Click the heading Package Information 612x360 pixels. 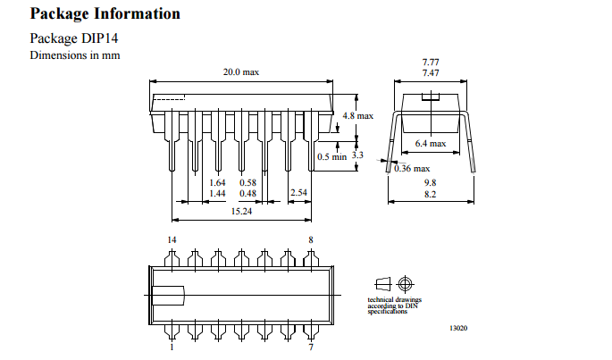click(105, 14)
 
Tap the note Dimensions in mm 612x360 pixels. click(75, 56)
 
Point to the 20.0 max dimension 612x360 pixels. click(241, 72)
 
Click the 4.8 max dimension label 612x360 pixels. click(358, 116)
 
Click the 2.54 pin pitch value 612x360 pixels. click(299, 193)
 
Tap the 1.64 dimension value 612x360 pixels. click(217, 182)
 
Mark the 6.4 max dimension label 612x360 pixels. click(431, 143)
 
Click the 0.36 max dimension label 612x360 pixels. click(412, 168)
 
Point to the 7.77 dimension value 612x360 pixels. click(431, 62)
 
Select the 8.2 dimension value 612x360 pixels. click(431, 193)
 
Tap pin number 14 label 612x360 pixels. click(172, 240)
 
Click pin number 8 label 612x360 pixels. click(310, 240)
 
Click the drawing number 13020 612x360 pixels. click(458, 328)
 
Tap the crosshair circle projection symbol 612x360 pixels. click(407, 283)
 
